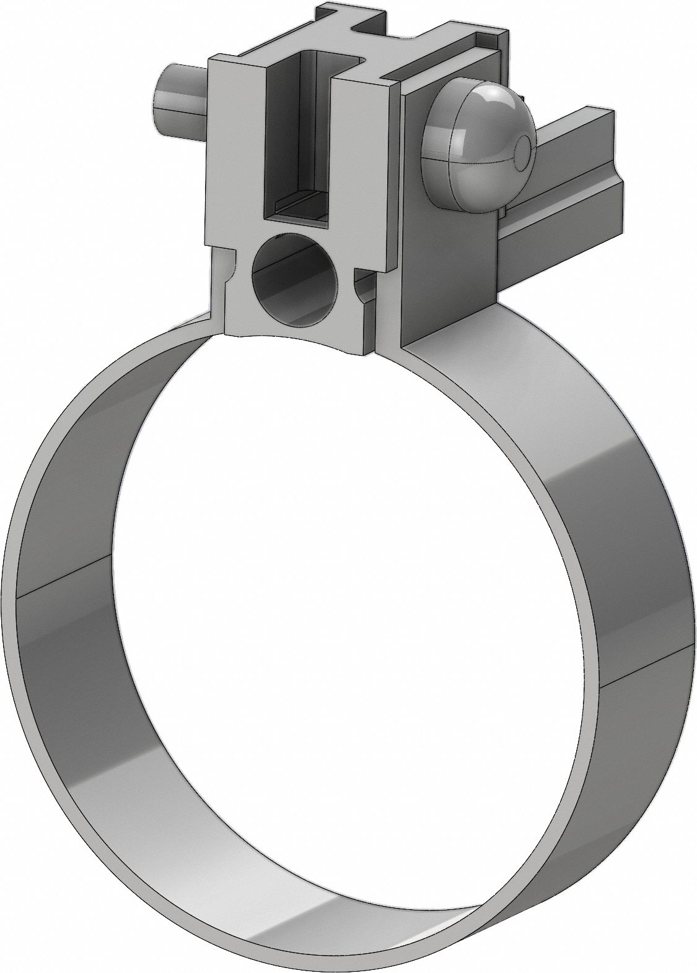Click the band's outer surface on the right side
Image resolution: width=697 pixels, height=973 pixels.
(x=620, y=557)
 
